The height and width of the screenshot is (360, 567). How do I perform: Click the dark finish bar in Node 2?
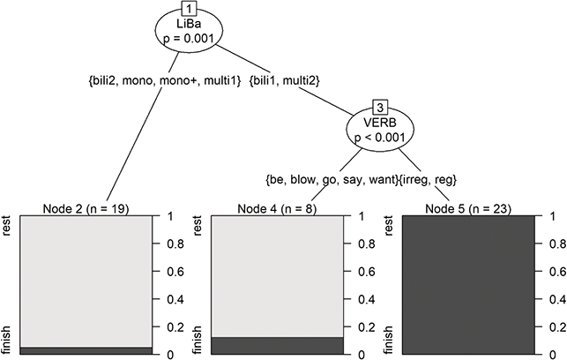click(86, 350)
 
